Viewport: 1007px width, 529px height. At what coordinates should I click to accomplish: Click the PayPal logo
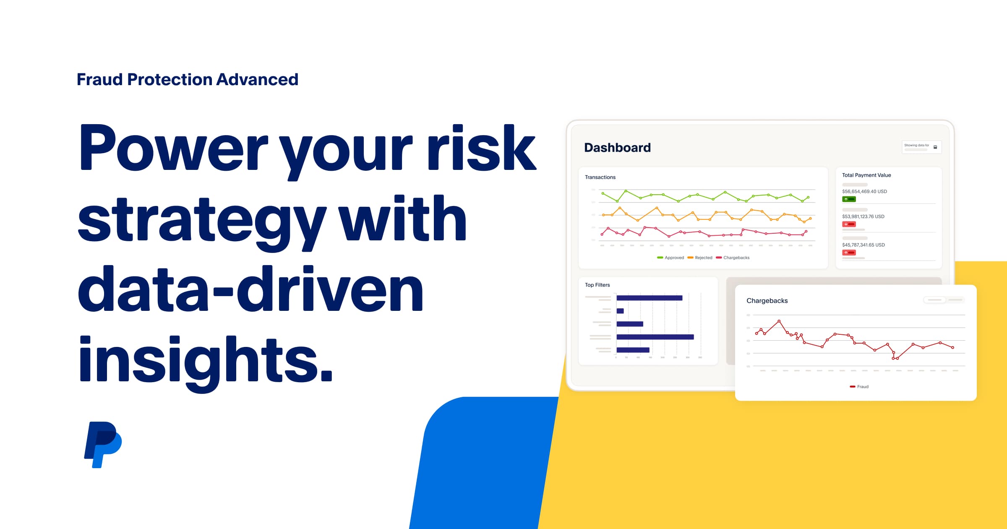pyautogui.click(x=103, y=444)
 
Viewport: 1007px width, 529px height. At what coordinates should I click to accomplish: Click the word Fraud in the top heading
pyautogui.click(x=99, y=79)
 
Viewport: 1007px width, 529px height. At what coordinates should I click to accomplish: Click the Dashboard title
pyautogui.click(x=617, y=148)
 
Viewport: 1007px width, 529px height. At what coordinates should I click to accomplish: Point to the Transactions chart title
pyautogui.click(x=600, y=177)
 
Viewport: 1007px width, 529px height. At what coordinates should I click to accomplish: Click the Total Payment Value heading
pyautogui.click(x=866, y=175)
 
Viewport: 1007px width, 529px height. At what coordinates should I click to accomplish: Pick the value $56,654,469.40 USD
pyautogui.click(x=864, y=191)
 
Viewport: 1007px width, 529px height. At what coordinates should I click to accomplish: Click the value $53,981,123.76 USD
pyautogui.click(x=863, y=216)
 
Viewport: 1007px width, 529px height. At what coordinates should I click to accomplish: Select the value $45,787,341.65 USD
pyautogui.click(x=863, y=245)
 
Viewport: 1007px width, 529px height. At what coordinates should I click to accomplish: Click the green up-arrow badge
pyautogui.click(x=849, y=199)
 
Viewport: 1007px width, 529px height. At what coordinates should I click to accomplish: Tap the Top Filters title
pyautogui.click(x=597, y=285)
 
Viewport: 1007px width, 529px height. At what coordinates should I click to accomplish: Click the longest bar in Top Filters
pyautogui.click(x=655, y=337)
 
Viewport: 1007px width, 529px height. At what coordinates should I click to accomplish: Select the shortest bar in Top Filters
pyautogui.click(x=620, y=311)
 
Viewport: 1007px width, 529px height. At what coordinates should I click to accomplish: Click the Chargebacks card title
pyautogui.click(x=767, y=300)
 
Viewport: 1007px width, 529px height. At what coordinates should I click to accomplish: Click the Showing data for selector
pyautogui.click(x=921, y=147)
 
